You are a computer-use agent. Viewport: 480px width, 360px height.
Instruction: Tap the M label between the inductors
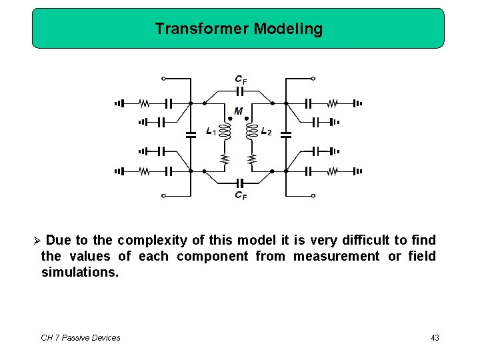(239, 111)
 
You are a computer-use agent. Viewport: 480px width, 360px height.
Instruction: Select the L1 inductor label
(211, 131)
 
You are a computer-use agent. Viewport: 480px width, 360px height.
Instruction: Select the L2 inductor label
(267, 131)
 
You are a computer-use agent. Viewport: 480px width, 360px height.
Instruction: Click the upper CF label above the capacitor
(241, 79)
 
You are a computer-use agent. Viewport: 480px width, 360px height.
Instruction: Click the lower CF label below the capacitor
(241, 195)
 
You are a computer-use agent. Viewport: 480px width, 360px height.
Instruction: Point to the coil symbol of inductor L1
(225, 131)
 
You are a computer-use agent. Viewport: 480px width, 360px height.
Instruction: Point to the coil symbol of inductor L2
(252, 131)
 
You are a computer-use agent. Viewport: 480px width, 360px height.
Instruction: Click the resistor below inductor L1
(225, 159)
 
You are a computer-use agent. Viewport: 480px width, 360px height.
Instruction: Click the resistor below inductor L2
(252, 159)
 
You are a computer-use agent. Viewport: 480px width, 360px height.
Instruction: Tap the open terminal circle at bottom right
(313, 196)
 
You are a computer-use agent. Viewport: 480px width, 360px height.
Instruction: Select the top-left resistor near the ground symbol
(143, 103)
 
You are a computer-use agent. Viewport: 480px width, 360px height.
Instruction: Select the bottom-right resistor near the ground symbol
(333, 171)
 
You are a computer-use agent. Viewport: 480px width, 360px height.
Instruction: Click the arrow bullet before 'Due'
(37, 240)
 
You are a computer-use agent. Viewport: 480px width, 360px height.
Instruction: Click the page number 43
(435, 338)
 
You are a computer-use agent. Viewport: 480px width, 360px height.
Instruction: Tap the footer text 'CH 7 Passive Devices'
(81, 338)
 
